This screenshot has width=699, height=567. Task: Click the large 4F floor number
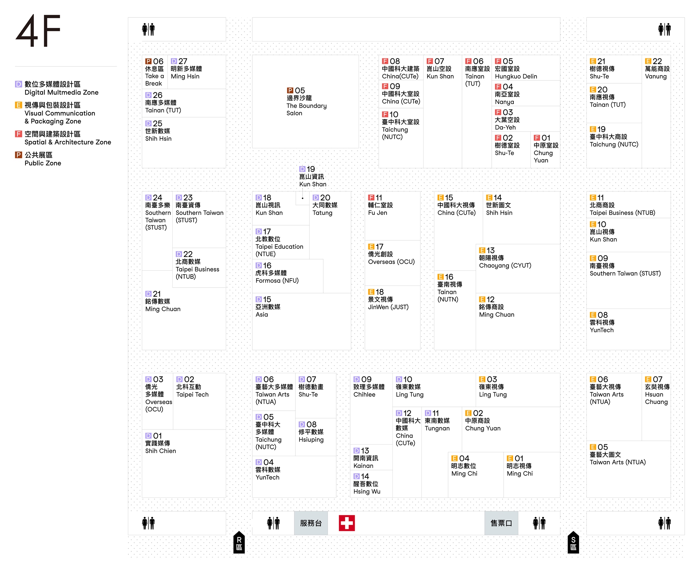point(38,30)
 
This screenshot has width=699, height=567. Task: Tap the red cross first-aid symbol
point(347,523)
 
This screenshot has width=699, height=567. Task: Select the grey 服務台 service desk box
point(311,523)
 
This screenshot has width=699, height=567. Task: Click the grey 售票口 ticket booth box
point(501,523)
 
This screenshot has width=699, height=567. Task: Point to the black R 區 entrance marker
point(239,543)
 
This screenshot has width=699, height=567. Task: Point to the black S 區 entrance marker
point(573,543)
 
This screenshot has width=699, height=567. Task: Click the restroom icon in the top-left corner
point(148,29)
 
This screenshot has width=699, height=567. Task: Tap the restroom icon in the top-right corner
point(664,29)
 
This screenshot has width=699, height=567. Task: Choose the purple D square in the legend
point(19,84)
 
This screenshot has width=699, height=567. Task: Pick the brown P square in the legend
point(19,155)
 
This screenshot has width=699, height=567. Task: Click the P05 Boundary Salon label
point(306,102)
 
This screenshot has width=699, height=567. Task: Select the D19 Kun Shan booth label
point(312,177)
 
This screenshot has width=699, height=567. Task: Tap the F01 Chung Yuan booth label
point(546,149)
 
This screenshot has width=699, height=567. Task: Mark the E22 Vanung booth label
point(657,69)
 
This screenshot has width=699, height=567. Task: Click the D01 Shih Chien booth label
point(160,443)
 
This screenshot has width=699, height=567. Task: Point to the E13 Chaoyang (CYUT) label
point(505,258)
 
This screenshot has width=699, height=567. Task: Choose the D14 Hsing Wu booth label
point(367,484)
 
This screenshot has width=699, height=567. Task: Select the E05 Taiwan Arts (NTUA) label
point(617,455)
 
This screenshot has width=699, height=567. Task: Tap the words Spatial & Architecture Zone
point(68,142)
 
